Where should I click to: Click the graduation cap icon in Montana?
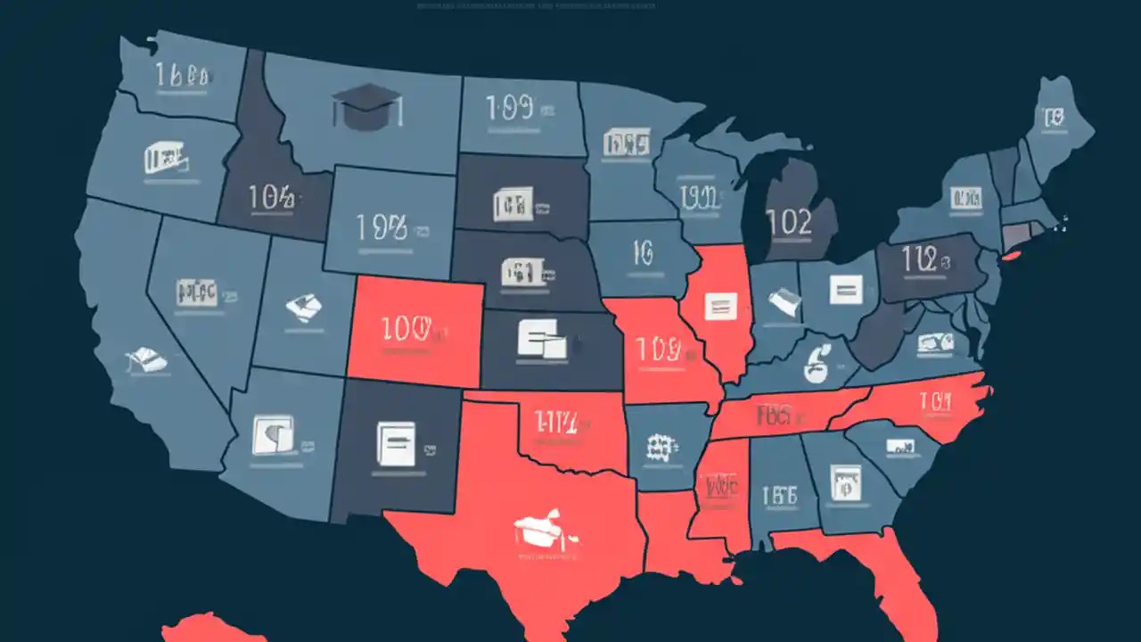coord(366,107)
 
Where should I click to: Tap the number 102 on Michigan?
coord(789,222)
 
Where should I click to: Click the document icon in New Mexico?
coord(396,443)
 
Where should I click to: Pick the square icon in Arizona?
coord(273,433)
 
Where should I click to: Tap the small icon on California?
coord(146,359)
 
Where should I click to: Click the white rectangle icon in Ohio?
coord(845,288)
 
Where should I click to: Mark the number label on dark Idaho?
coord(270,198)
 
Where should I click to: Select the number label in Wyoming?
coord(382,228)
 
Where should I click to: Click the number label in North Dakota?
coord(510,110)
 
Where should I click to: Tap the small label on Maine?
coord(1054,116)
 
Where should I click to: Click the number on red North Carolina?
coord(932,403)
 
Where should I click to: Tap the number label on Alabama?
coord(779,495)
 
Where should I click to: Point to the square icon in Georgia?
coord(841,481)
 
